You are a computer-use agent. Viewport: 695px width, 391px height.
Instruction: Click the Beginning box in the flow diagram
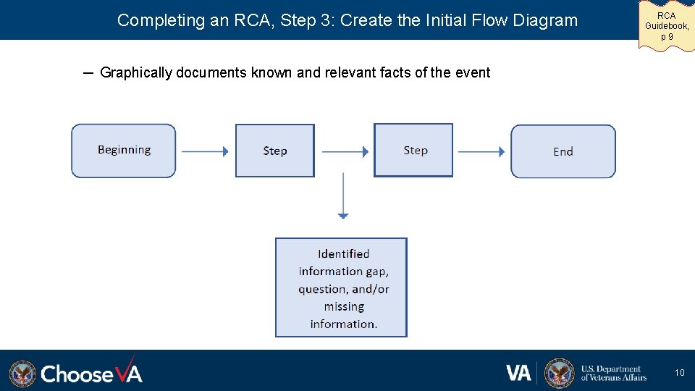[123, 151]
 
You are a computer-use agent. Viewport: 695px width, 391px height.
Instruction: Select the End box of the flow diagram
[563, 151]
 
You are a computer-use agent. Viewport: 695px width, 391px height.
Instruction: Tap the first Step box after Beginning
[275, 151]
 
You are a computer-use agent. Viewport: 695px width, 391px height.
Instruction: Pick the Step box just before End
[413, 150]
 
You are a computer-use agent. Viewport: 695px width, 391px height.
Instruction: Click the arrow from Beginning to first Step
[205, 151]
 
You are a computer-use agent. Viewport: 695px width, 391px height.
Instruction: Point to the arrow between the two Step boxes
[345, 151]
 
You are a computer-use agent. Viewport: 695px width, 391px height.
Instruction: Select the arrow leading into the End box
[481, 151]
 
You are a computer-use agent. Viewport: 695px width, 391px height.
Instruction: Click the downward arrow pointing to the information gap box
[343, 195]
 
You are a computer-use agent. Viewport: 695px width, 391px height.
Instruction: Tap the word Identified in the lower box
[343, 253]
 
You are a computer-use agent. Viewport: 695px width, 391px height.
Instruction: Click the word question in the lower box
[323, 289]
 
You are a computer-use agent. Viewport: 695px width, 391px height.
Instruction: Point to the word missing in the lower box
[344, 306]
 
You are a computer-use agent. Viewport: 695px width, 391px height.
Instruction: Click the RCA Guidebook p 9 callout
[666, 26]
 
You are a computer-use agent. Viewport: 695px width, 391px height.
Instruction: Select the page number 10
[679, 373]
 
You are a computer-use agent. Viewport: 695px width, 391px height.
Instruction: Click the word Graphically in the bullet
[136, 72]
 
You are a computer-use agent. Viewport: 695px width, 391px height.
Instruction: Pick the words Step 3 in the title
[305, 20]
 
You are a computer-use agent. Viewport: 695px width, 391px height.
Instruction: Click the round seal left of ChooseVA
[22, 374]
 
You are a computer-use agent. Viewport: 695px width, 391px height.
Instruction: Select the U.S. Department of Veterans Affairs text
[613, 374]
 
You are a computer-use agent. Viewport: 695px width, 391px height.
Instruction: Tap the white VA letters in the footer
[518, 373]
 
